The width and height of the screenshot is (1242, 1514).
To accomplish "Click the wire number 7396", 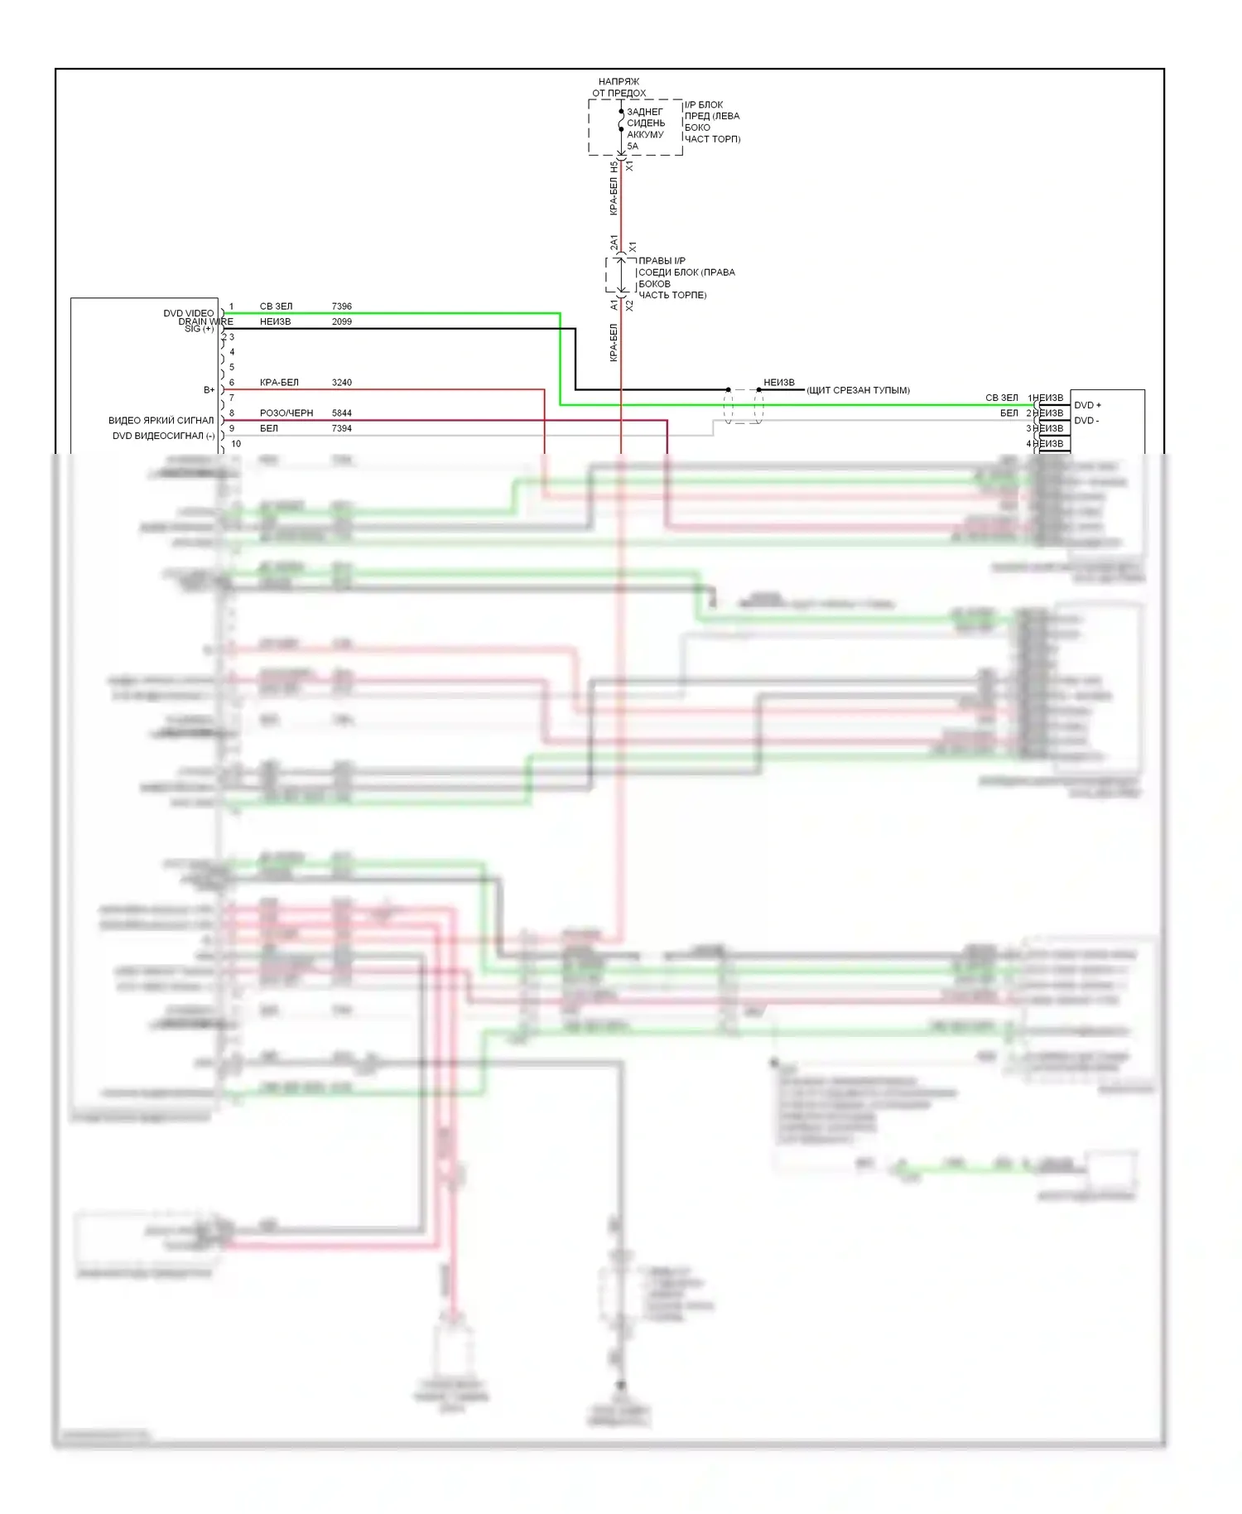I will (341, 306).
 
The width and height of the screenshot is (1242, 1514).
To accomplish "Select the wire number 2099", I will (341, 321).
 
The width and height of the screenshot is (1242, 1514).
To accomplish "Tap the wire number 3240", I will (341, 383).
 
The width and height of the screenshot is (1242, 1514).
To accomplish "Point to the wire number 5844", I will (341, 413).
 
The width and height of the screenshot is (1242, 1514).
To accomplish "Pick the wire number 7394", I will (341, 428).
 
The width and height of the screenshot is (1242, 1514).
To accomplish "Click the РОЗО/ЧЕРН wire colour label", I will (286, 413).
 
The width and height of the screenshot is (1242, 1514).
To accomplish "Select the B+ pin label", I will (209, 389).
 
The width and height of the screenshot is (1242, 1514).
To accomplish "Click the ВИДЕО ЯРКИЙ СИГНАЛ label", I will (161, 421).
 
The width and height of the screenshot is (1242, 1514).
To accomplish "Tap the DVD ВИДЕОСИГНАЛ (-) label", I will (163, 436).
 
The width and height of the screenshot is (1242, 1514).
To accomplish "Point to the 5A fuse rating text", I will (633, 147).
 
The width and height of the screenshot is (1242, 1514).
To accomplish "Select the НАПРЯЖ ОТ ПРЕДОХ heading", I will (619, 88).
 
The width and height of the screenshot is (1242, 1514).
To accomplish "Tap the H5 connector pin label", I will (614, 166).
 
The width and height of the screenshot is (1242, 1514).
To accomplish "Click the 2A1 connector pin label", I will (614, 243).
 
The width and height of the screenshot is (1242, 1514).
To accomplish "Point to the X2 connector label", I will (629, 306).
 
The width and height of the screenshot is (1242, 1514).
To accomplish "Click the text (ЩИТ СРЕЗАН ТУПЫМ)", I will (858, 390).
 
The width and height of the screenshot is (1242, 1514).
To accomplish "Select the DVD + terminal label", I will (1087, 405).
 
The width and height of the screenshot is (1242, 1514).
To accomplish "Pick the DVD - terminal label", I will (1086, 421).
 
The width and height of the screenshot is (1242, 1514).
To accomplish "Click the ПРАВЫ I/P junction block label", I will (662, 261).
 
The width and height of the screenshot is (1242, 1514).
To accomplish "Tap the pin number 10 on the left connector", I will (236, 444).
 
